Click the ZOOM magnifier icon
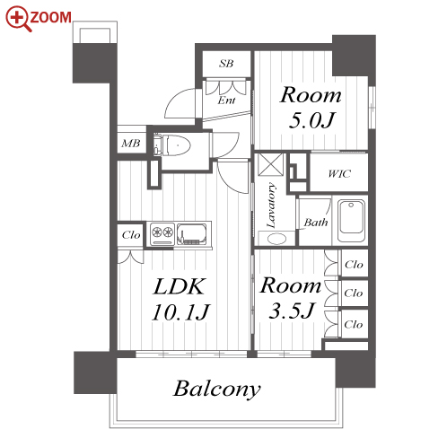(18, 18)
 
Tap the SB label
(226, 64)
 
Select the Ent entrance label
(226, 101)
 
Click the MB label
(131, 144)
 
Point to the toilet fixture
(172, 145)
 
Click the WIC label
(339, 173)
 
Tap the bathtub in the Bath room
(351, 221)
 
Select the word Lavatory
(271, 206)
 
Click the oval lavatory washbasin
(277, 239)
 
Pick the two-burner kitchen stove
(162, 233)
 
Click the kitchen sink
(192, 233)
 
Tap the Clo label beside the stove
(131, 235)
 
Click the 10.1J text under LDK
(180, 312)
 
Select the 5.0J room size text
(311, 120)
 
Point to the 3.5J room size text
(292, 311)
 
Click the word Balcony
(217, 389)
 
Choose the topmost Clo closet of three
(354, 265)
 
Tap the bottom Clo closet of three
(354, 324)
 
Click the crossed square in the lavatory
(271, 164)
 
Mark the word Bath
(316, 223)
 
